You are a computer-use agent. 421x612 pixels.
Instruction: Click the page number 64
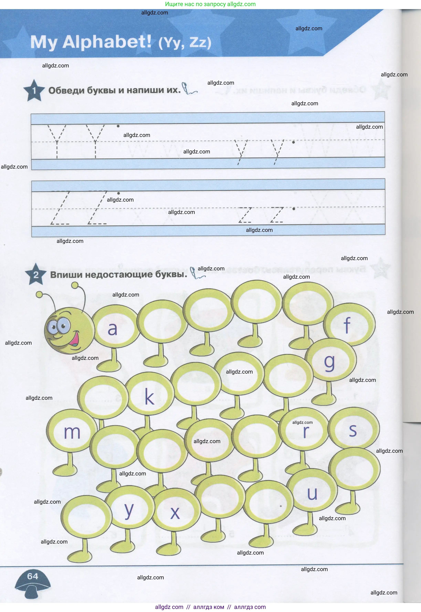(x=33, y=576)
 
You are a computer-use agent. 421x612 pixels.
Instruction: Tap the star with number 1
(x=34, y=91)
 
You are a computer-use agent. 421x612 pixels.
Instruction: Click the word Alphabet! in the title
(x=107, y=42)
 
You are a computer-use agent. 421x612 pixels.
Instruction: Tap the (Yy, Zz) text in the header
(x=185, y=43)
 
